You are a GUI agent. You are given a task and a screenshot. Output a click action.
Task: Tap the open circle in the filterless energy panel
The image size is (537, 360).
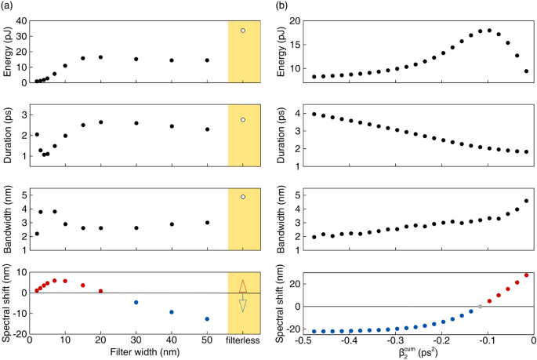243,31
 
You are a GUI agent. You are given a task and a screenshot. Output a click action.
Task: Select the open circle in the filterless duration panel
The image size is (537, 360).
243,119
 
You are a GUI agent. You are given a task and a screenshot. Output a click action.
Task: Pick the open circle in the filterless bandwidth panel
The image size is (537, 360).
243,197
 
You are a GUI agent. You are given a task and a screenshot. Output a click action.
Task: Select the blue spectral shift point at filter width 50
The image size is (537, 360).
207,319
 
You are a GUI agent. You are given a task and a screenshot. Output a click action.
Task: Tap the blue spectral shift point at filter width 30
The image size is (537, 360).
136,303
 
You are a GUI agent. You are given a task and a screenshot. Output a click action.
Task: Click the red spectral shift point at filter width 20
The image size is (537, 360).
100,291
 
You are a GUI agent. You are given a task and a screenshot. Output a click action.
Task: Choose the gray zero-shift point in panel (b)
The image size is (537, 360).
480,306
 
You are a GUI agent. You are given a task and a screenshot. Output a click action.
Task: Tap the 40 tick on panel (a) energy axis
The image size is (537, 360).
19,21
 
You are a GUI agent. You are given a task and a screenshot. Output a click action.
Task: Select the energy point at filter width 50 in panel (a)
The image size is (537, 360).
207,60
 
